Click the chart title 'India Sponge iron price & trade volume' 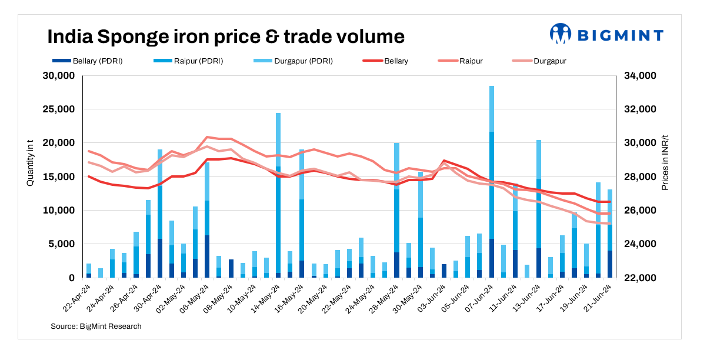pyautogui.click(x=226, y=36)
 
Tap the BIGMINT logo pyautogui.click(x=606, y=35)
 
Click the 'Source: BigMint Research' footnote pyautogui.click(x=96, y=326)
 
